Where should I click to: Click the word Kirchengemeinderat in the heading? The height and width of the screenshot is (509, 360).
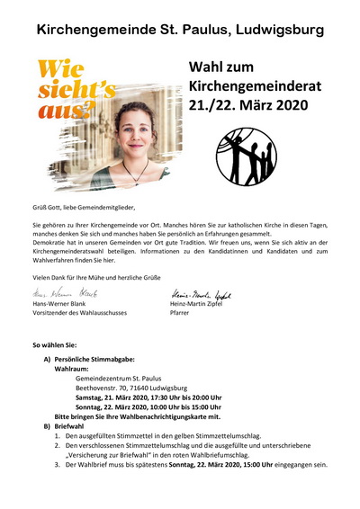coord(248,85)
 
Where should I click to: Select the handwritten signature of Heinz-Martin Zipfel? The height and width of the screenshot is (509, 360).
coord(200,293)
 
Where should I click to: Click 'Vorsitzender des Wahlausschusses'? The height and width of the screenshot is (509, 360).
coord(79,317)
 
